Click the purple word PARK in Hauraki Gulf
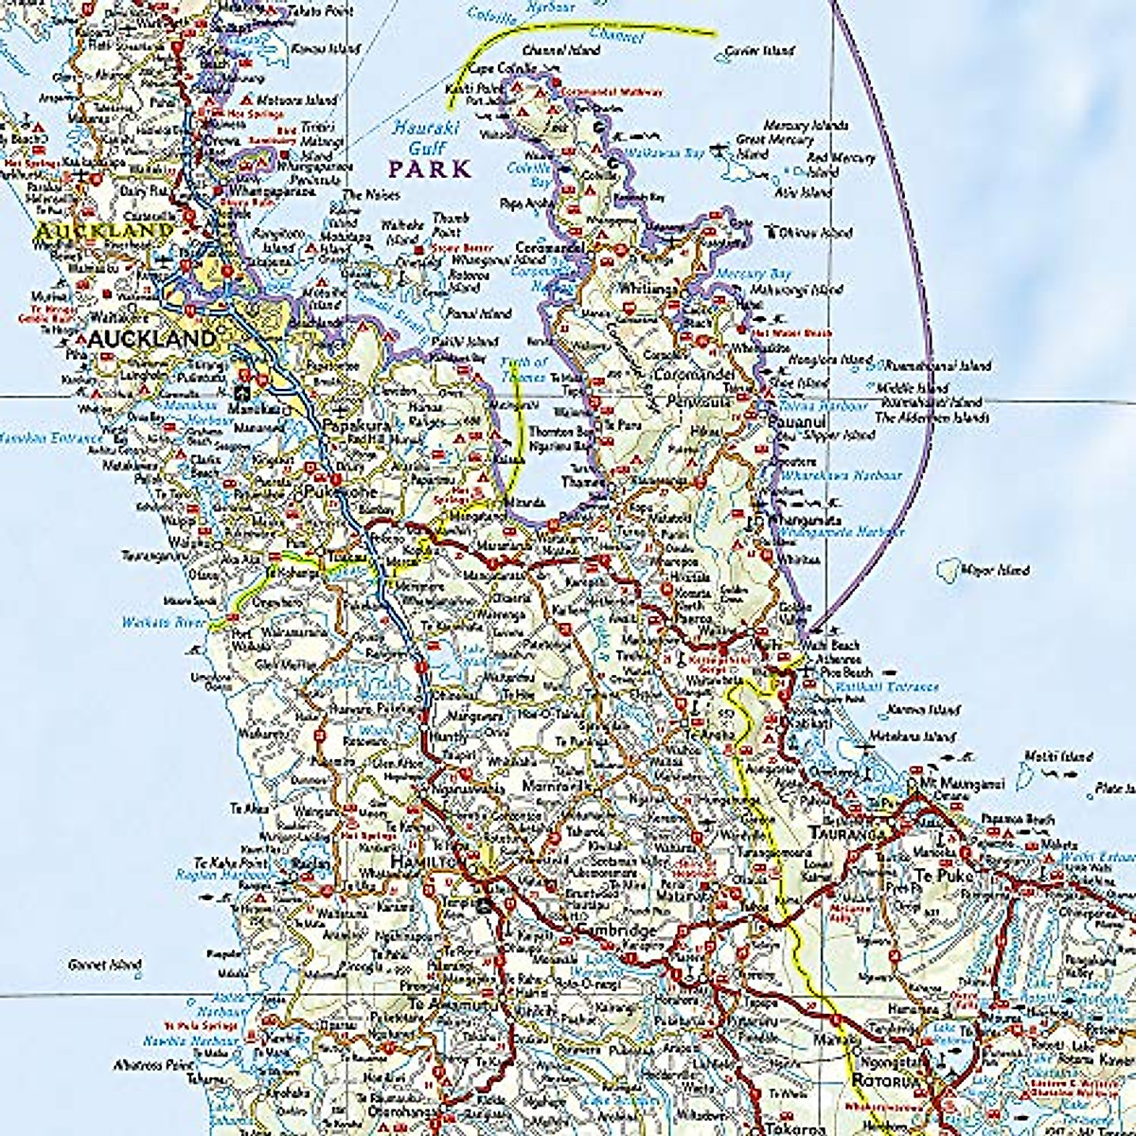pos(431,169)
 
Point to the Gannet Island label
pos(106,966)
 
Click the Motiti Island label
pos(1057,756)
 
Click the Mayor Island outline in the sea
pos(945,569)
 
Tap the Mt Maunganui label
pos(950,784)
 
